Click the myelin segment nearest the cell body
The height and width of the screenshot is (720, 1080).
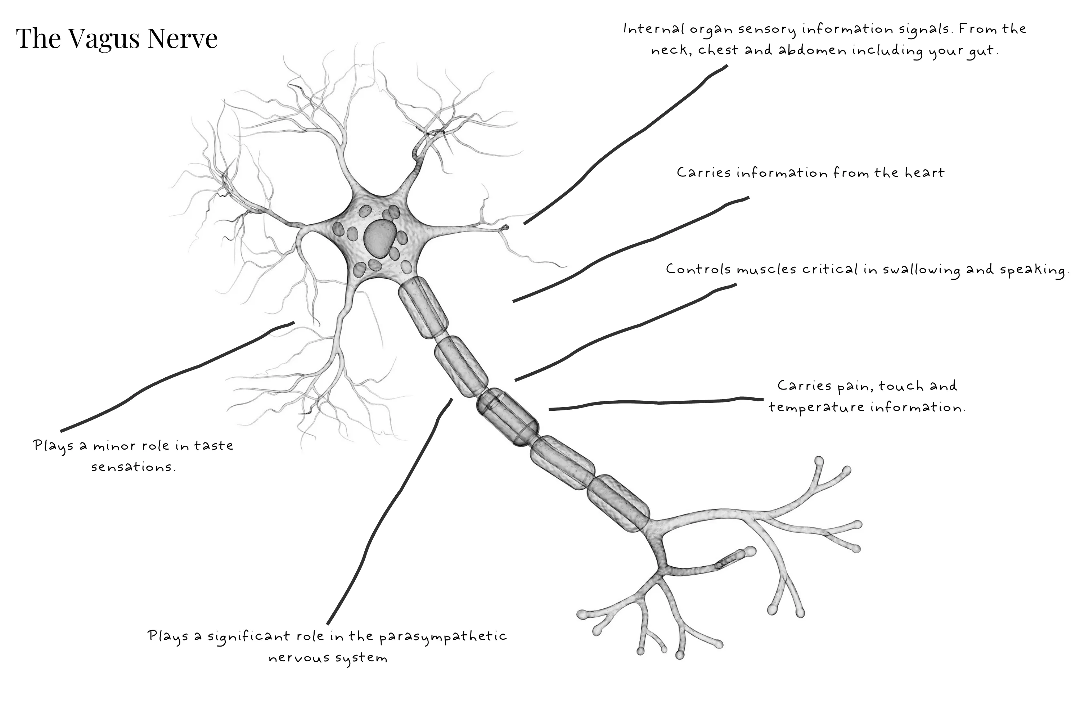422,308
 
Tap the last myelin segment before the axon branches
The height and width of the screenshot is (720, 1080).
618,503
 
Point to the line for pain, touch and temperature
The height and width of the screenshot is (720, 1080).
657,403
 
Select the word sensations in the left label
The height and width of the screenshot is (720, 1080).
133,467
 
